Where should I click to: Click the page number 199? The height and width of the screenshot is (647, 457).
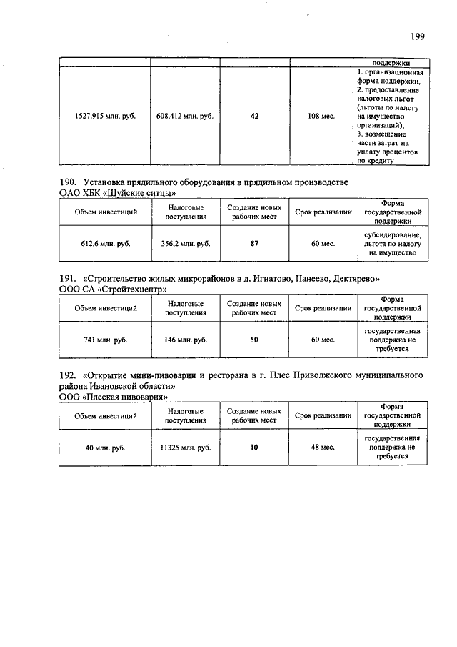point(418,36)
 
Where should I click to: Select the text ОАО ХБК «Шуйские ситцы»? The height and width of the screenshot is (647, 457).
point(118,194)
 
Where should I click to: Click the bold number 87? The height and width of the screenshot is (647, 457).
point(254,244)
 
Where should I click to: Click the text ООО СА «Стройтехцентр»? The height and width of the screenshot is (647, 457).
point(114,290)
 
